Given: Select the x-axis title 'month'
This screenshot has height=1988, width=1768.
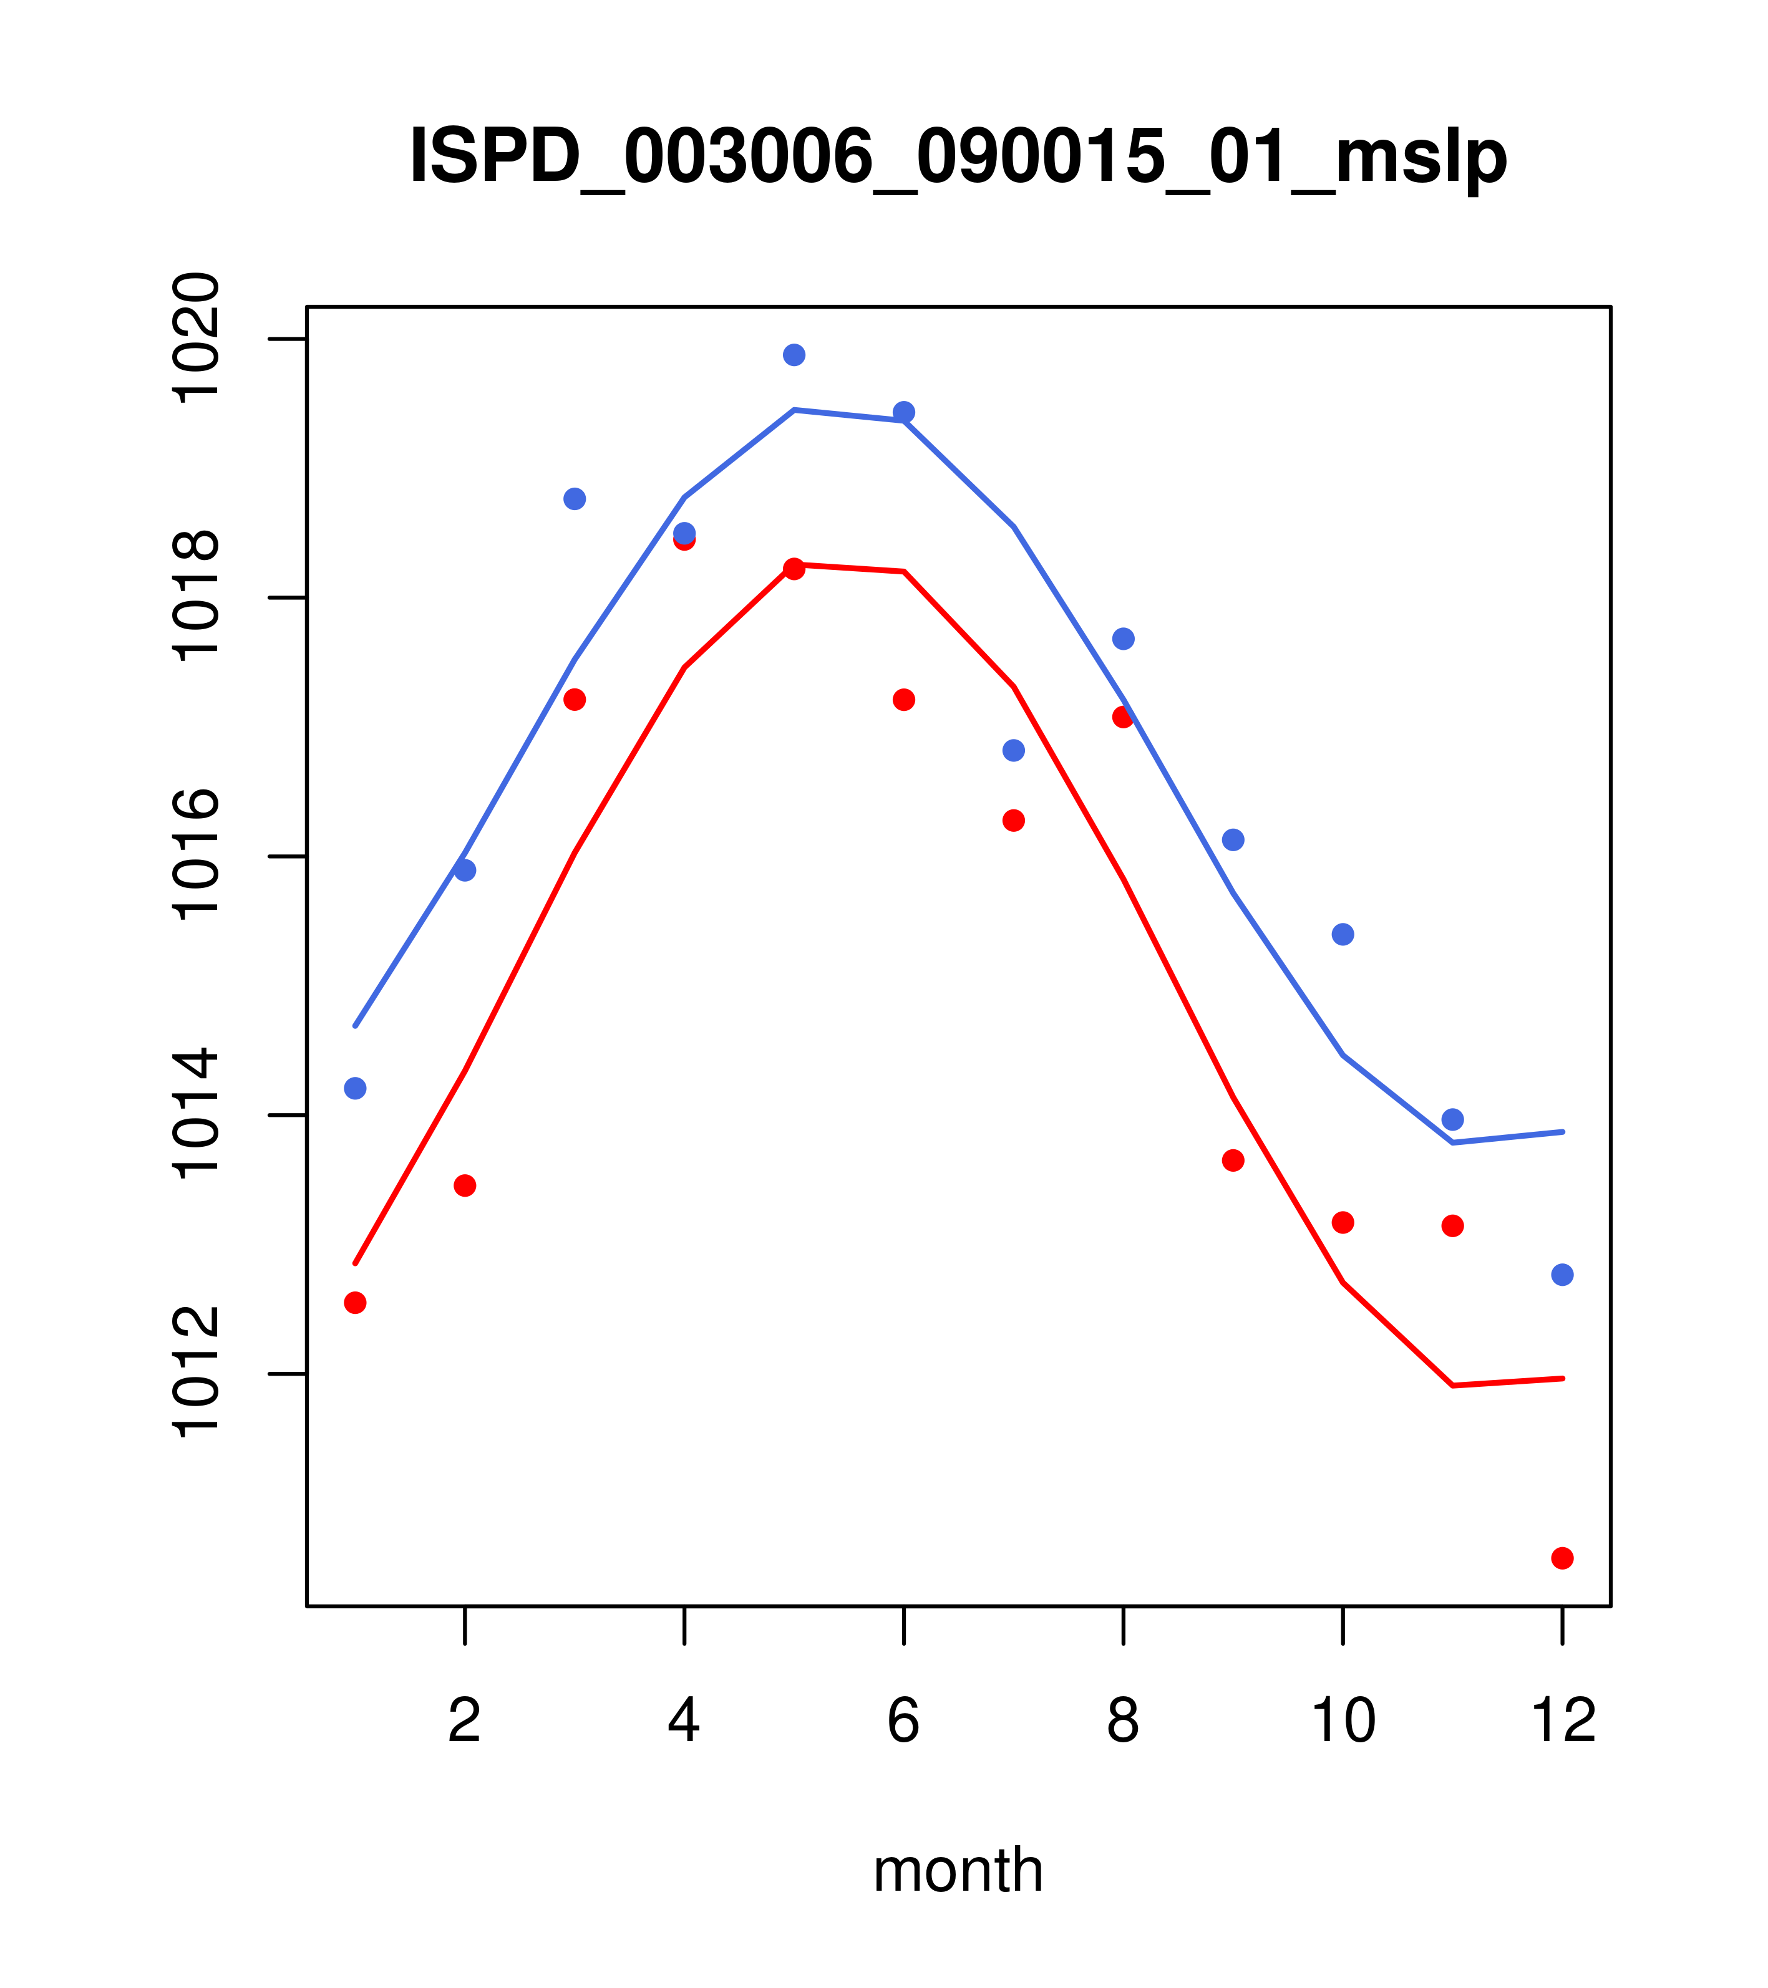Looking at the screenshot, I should [x=958, y=1870].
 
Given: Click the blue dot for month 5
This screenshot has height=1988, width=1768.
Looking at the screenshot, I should [x=794, y=355].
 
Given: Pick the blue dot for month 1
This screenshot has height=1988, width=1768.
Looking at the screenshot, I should [x=355, y=1088].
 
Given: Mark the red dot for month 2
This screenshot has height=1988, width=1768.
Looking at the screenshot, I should [x=465, y=1185].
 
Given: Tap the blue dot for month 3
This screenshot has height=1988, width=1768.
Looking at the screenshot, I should [x=575, y=499].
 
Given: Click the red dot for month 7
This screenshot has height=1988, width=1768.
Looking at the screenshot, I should [x=1014, y=821].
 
